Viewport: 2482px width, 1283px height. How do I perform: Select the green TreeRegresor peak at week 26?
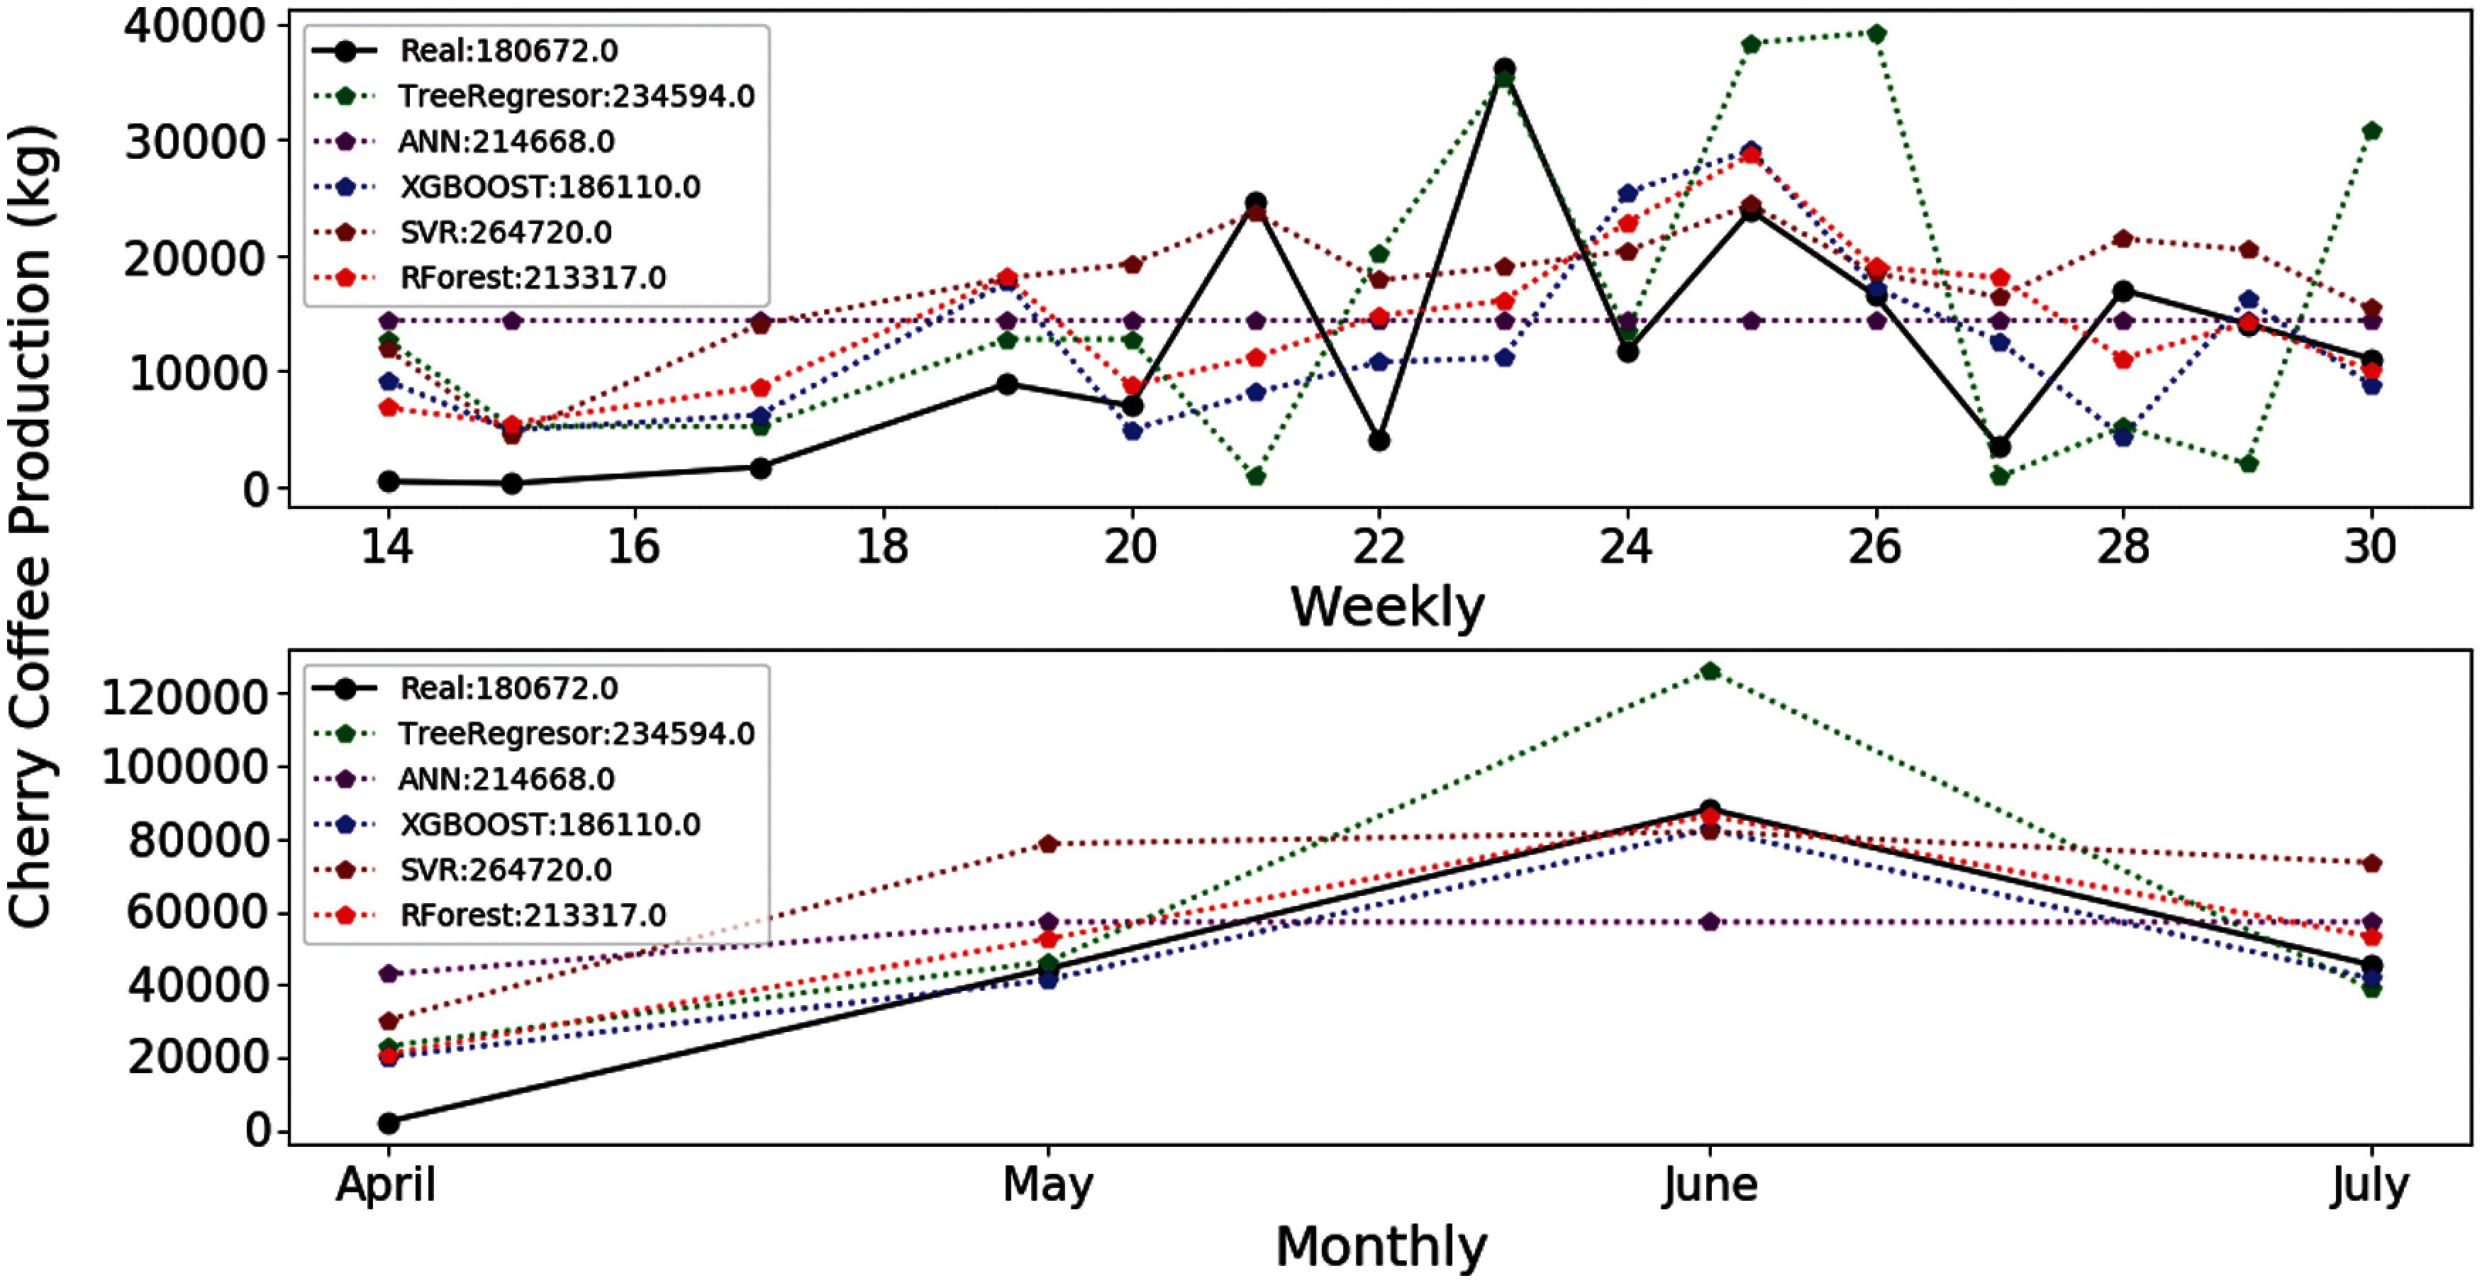pos(1876,35)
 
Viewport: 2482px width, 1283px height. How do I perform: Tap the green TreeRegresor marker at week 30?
pos(2371,131)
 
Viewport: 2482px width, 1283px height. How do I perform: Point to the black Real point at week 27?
pos(1999,447)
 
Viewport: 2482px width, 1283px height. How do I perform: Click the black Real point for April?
pos(389,1123)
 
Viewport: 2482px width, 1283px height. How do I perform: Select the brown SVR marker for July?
pos(2371,863)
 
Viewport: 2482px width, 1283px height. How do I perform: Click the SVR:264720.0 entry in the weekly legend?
pos(505,232)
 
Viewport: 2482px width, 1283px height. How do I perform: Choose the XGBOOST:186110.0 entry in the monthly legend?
pos(549,824)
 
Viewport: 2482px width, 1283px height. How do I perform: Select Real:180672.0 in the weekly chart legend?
pos(508,51)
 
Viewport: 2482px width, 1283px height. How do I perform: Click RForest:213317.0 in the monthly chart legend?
pos(532,915)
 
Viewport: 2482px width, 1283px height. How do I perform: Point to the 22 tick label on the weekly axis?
pos(1379,548)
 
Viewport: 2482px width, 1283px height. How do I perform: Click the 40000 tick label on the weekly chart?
pos(194,26)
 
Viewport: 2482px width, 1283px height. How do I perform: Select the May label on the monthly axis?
pos(1047,1184)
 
